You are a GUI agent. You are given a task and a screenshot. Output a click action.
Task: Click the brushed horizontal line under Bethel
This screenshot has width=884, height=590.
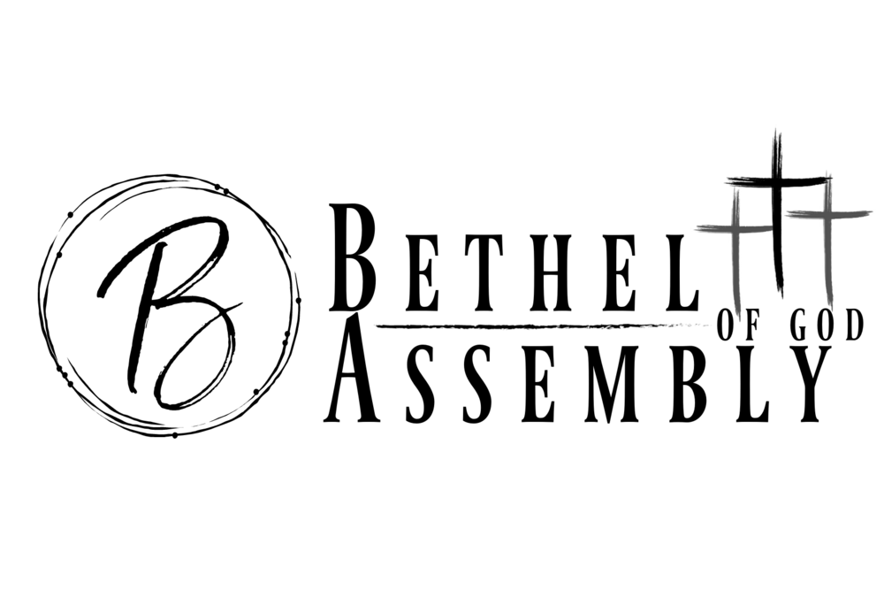[541, 326]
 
